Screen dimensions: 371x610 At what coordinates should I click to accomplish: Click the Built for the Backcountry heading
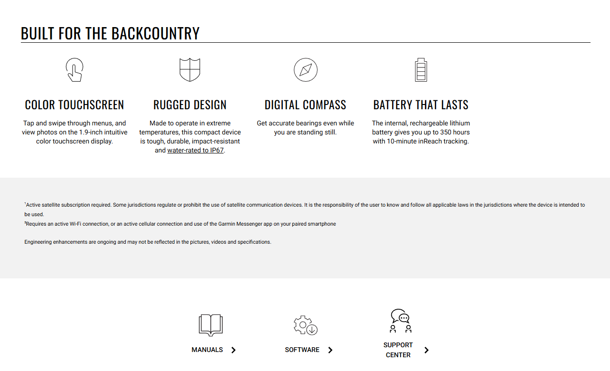coord(110,33)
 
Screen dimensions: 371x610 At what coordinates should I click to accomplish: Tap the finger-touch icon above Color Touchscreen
coord(75,70)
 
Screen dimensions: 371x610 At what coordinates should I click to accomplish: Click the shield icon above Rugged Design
coord(190,70)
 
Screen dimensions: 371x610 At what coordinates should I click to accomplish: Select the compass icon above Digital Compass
coord(305,70)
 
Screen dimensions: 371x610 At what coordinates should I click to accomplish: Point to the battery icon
coord(421,70)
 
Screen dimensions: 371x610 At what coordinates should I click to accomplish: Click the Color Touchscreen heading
coord(75,105)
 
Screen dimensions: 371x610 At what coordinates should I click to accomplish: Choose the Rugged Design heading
coord(190,105)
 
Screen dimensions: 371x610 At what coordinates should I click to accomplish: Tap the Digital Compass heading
coord(305,105)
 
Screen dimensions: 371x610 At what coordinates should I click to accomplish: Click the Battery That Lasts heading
coord(421,105)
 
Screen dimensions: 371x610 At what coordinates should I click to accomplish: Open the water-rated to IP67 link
coord(195,151)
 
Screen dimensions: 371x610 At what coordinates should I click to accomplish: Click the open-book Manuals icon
coord(210,325)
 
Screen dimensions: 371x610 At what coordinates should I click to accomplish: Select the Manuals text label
coord(207,350)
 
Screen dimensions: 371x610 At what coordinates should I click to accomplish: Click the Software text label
coord(302,350)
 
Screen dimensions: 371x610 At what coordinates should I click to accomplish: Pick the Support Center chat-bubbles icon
coord(400,321)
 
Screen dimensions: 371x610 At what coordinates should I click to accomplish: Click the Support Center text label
coord(398,350)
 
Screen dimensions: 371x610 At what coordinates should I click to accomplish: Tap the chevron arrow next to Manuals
coord(234,350)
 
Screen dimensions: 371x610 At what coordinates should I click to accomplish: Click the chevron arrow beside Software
coord(330,350)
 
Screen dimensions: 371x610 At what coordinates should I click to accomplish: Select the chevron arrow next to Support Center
coord(426,350)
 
